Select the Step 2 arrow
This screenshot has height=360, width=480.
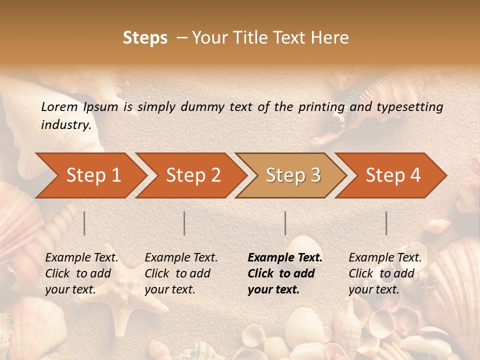[x=193, y=175]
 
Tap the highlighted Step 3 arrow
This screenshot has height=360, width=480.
[x=293, y=175]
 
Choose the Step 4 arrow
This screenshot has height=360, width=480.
[x=393, y=175]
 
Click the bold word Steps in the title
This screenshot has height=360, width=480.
[x=145, y=38]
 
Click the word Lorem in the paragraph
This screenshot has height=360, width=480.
[x=59, y=106]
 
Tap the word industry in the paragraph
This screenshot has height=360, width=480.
[x=65, y=124]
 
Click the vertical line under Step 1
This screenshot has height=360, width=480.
[x=84, y=223]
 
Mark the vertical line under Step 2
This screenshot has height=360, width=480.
[x=184, y=223]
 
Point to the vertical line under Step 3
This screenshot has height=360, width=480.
[x=285, y=223]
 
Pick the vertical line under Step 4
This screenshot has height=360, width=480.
[x=386, y=223]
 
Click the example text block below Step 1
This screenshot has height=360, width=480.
[x=81, y=273]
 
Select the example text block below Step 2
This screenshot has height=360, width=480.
[x=181, y=273]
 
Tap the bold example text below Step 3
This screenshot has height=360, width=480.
[x=285, y=273]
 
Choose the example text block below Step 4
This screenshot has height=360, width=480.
[x=385, y=273]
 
